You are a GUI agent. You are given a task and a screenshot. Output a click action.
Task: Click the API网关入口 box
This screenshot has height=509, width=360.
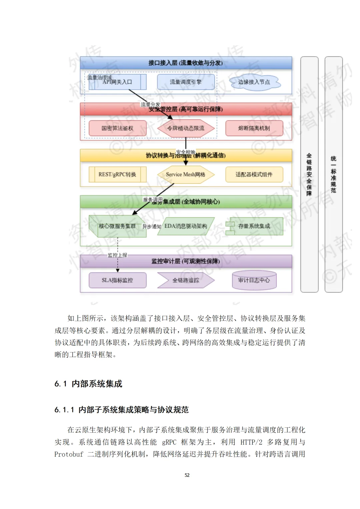pyautogui.click(x=117, y=82)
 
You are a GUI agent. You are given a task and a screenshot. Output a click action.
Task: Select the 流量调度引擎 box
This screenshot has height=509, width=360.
pyautogui.click(x=186, y=82)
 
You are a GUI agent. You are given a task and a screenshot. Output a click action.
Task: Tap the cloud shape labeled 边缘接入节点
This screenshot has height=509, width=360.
pyautogui.click(x=254, y=82)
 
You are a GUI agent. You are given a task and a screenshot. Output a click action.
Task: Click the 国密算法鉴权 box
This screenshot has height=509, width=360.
pyautogui.click(x=117, y=128)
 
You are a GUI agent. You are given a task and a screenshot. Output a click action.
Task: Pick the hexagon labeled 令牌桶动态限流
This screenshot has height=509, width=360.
pyautogui.click(x=186, y=128)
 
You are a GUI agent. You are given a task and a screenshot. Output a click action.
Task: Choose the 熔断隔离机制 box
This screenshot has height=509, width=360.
pyautogui.click(x=254, y=128)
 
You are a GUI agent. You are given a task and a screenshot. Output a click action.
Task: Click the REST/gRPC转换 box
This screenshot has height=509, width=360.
pyautogui.click(x=117, y=175)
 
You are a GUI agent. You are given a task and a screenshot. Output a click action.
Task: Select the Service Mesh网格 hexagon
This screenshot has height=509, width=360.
pyautogui.click(x=186, y=175)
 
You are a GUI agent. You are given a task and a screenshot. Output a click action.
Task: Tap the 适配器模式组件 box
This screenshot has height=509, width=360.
pyautogui.click(x=254, y=175)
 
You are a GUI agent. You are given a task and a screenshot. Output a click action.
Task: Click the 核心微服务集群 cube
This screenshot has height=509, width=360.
pyautogui.click(x=117, y=227)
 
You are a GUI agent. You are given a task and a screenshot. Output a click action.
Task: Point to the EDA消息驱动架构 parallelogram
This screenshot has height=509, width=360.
pyautogui.click(x=186, y=227)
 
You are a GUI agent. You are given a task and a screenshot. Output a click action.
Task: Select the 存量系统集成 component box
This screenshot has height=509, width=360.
pyautogui.click(x=254, y=227)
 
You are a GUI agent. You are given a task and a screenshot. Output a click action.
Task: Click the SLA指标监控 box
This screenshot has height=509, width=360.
pyautogui.click(x=117, y=280)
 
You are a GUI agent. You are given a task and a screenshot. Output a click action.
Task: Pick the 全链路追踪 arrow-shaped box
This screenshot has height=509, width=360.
pyautogui.click(x=186, y=280)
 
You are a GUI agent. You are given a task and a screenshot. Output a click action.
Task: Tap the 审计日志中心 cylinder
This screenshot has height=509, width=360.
pyautogui.click(x=254, y=280)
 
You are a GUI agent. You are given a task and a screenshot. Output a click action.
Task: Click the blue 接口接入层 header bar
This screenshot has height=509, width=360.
pyautogui.click(x=186, y=63)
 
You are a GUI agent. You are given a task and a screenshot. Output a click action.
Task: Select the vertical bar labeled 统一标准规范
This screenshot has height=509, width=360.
pyautogui.click(x=333, y=174)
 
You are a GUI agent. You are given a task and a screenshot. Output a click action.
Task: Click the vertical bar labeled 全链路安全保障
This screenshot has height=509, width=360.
pyautogui.click(x=309, y=174)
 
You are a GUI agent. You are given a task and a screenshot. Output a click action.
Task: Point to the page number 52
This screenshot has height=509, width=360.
pyautogui.click(x=187, y=475)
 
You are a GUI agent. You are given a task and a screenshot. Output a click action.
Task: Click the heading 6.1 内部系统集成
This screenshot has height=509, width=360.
pyautogui.click(x=88, y=384)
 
